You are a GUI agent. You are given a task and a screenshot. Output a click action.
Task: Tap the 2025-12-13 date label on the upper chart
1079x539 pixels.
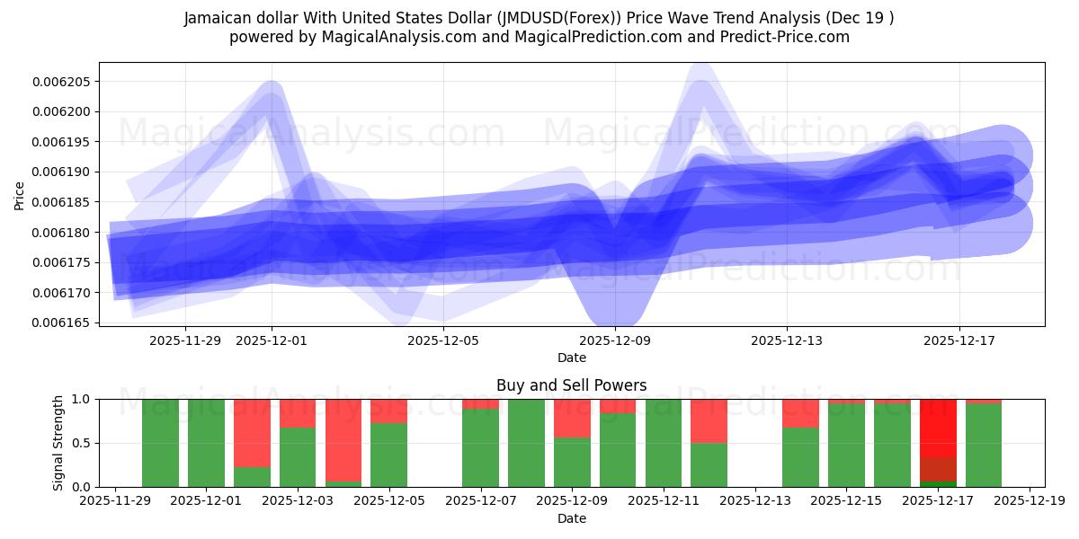[787, 340]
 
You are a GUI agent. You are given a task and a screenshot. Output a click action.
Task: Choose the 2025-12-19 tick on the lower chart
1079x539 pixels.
[1028, 501]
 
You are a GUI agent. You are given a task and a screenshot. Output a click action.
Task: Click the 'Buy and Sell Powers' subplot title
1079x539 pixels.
[571, 385]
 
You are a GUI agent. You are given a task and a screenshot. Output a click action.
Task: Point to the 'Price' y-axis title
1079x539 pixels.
[20, 195]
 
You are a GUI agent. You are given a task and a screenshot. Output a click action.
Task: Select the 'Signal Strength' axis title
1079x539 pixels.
[58, 442]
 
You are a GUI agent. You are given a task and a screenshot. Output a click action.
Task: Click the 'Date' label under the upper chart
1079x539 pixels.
[571, 358]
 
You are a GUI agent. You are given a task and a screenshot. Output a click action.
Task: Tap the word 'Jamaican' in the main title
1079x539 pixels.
[220, 18]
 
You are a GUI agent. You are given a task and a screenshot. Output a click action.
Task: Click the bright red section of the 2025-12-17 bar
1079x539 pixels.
[938, 428]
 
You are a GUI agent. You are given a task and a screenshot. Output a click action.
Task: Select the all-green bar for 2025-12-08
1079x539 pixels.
[526, 443]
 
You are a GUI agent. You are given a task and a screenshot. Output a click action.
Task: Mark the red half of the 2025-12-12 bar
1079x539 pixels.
[709, 420]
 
